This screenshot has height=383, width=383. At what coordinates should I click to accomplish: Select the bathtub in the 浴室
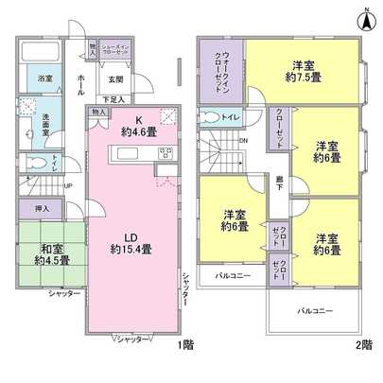pos(43,51)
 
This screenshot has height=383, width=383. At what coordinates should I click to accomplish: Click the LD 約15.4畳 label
pos(130,241)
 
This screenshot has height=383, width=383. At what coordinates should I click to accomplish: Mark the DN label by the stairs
pos(244,141)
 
